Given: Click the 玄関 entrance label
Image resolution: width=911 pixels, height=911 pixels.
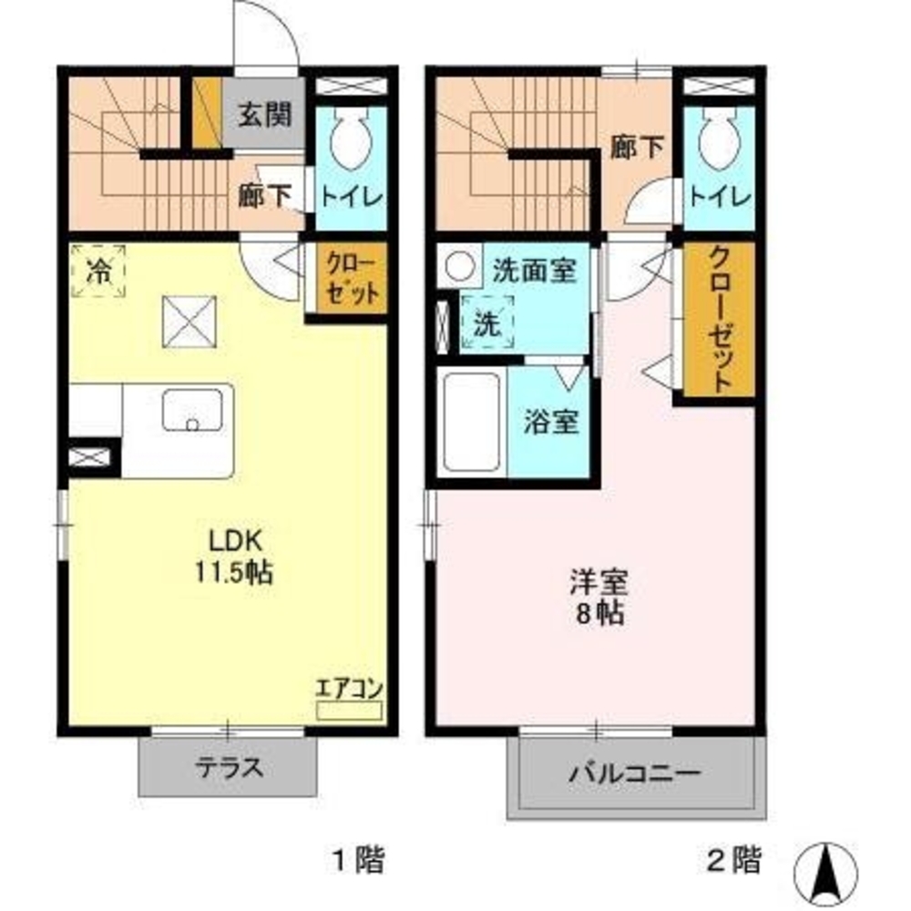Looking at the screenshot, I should click(265, 115).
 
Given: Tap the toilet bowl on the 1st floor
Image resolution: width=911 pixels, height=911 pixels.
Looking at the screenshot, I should click(351, 139).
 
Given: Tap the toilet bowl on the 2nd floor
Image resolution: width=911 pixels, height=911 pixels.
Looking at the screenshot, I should click(719, 139).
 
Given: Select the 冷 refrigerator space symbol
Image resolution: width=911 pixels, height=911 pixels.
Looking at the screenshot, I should click(98, 270).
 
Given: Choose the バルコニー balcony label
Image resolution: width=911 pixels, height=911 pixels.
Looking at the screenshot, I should click(636, 775).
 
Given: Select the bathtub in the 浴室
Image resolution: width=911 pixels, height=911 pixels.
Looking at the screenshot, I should click(470, 421).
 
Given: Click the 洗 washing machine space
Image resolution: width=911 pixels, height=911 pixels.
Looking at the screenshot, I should click(487, 324).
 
